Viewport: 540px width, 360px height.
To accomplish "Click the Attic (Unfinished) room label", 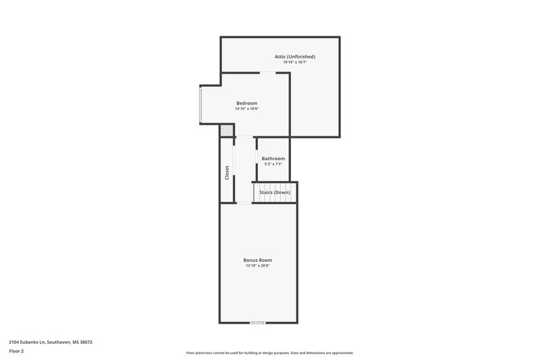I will pyautogui.click(x=294, y=56).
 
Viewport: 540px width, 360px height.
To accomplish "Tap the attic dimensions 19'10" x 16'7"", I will pyautogui.click(x=294, y=62).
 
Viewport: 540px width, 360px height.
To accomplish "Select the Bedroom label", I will pyautogui.click(x=246, y=103).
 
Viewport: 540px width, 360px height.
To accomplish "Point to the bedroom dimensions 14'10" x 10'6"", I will pyautogui.click(x=246, y=109).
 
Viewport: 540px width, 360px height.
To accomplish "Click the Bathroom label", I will pyautogui.click(x=273, y=158).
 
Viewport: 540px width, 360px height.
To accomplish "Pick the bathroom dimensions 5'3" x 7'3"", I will pyautogui.click(x=273, y=163).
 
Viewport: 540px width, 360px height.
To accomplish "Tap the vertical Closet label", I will pyautogui.click(x=227, y=173).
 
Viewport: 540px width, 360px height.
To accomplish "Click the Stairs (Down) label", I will pyautogui.click(x=275, y=192).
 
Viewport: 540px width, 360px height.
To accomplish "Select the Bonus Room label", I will pyautogui.click(x=258, y=259).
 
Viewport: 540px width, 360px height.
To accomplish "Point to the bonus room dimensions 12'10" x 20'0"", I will pyautogui.click(x=258, y=265).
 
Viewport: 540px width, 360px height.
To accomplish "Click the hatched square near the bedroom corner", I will pyautogui.click(x=227, y=130).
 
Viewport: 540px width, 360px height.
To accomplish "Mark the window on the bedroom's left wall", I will pyautogui.click(x=200, y=105).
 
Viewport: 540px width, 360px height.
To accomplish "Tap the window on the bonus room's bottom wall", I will pyautogui.click(x=257, y=323).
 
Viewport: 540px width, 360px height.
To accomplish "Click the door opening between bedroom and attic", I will pyautogui.click(x=268, y=72).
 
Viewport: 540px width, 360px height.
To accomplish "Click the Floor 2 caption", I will pyautogui.click(x=18, y=351).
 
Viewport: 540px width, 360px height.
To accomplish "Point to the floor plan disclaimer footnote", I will pyautogui.click(x=269, y=353).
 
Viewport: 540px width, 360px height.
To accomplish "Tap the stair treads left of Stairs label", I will pyautogui.click(x=256, y=192).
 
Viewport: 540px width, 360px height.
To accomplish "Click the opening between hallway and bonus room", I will pyautogui.click(x=244, y=203).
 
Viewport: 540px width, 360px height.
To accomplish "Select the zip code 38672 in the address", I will pyautogui.click(x=85, y=342).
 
